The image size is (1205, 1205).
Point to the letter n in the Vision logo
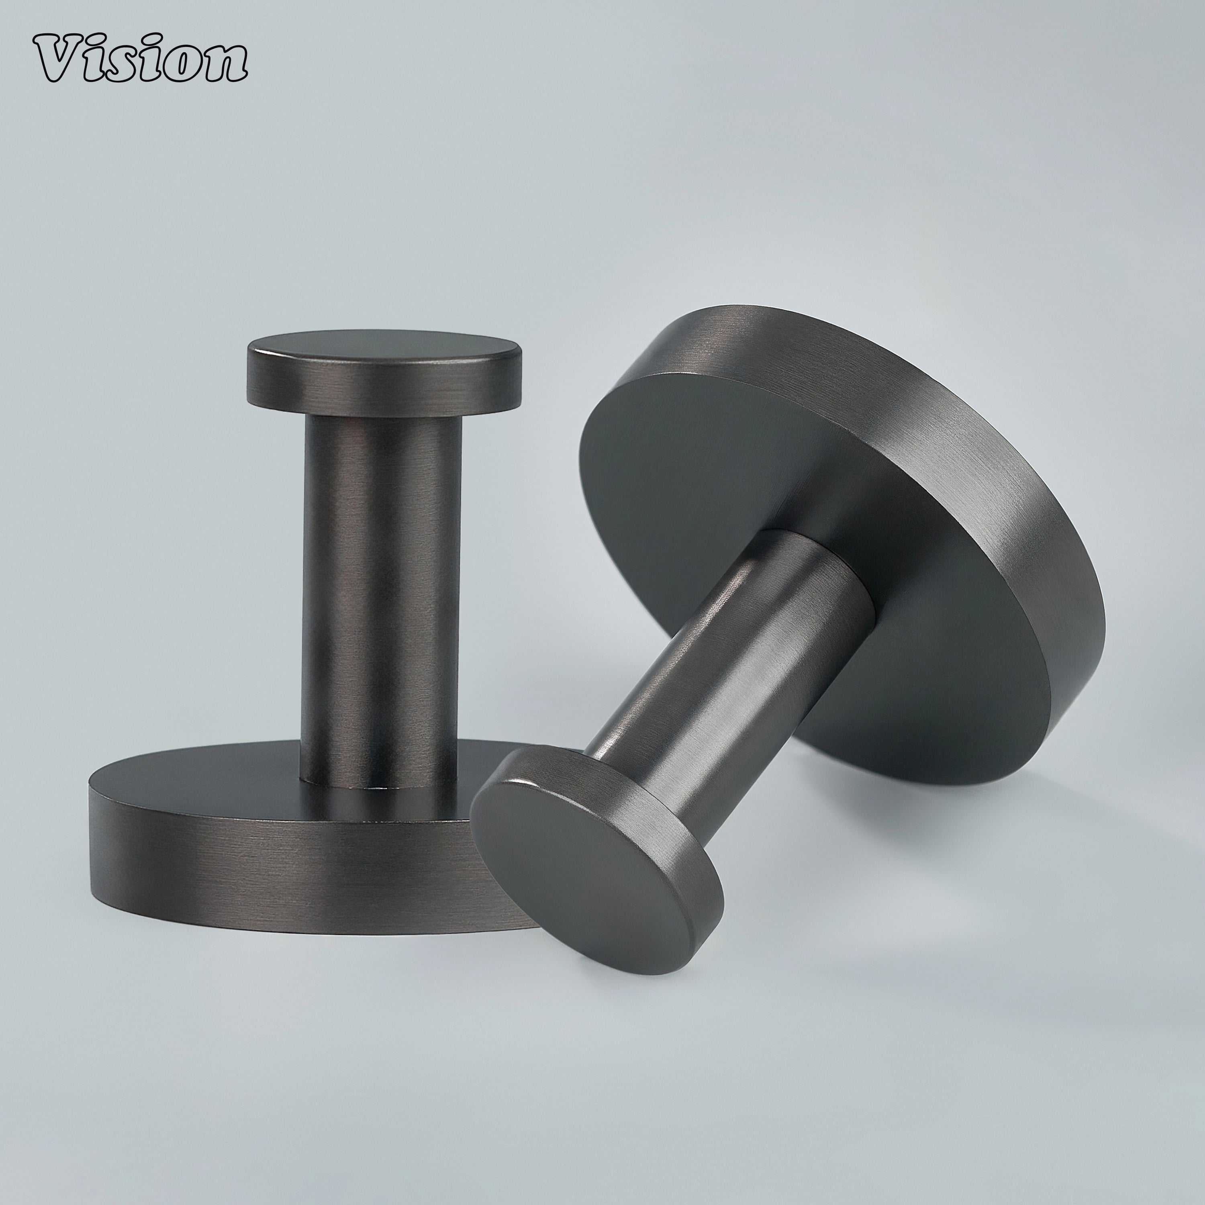point(222,69)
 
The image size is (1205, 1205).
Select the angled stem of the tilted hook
point(730,655)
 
